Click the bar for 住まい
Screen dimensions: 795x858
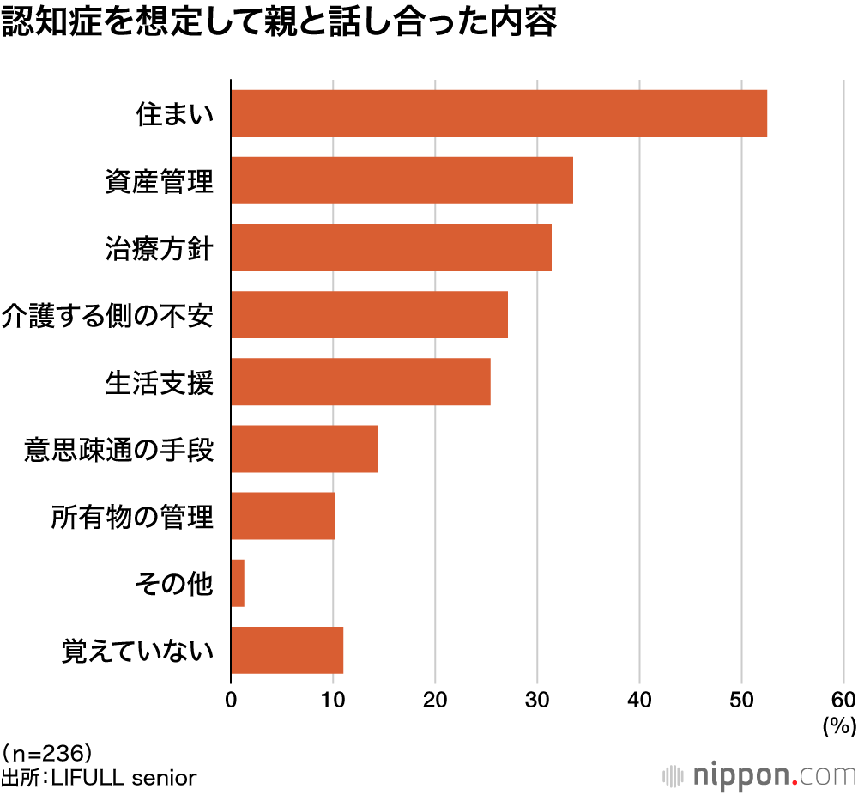498,113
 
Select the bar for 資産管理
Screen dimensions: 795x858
402,180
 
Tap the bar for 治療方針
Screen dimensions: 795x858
391,247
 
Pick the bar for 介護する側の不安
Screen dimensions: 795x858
369,314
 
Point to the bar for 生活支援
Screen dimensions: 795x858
360,381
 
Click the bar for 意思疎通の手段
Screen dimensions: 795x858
305,448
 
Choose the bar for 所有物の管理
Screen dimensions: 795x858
283,515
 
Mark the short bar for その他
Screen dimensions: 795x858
238,583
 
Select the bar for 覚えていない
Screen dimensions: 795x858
287,650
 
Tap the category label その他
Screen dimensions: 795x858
174,584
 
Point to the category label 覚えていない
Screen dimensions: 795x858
137,651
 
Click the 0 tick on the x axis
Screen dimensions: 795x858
231,699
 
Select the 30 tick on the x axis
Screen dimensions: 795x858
537,699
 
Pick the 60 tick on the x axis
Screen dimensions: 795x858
843,699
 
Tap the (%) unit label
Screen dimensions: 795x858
839,726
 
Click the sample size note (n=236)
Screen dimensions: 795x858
47,754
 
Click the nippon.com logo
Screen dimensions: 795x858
759,774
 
